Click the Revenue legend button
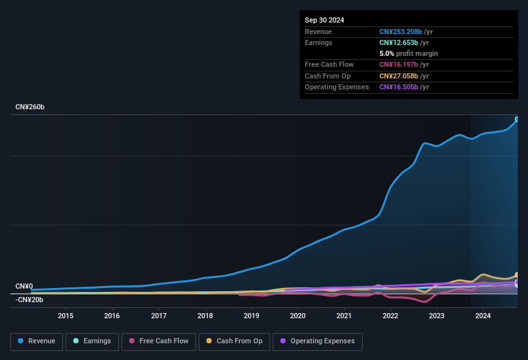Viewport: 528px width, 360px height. pyautogui.click(x=37, y=341)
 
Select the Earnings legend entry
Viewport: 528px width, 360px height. pyautogui.click(x=92, y=341)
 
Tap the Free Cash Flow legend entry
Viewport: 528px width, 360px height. pyautogui.click(x=159, y=341)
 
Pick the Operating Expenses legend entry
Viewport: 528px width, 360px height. pyautogui.click(x=318, y=341)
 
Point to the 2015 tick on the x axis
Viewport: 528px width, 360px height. pyautogui.click(x=66, y=316)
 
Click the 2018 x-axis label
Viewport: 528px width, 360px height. pyautogui.click(x=205, y=316)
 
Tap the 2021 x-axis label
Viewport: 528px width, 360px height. pyautogui.click(x=344, y=316)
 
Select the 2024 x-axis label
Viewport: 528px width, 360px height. pyautogui.click(x=483, y=316)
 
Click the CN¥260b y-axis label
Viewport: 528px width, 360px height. pyautogui.click(x=30, y=107)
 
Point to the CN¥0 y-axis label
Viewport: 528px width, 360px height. pyautogui.click(x=24, y=286)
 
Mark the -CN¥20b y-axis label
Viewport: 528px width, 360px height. pyautogui.click(x=30, y=300)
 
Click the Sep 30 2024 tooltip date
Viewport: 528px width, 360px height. pyautogui.click(x=324, y=20)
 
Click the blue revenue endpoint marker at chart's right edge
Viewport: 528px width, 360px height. pyautogui.click(x=517, y=120)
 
